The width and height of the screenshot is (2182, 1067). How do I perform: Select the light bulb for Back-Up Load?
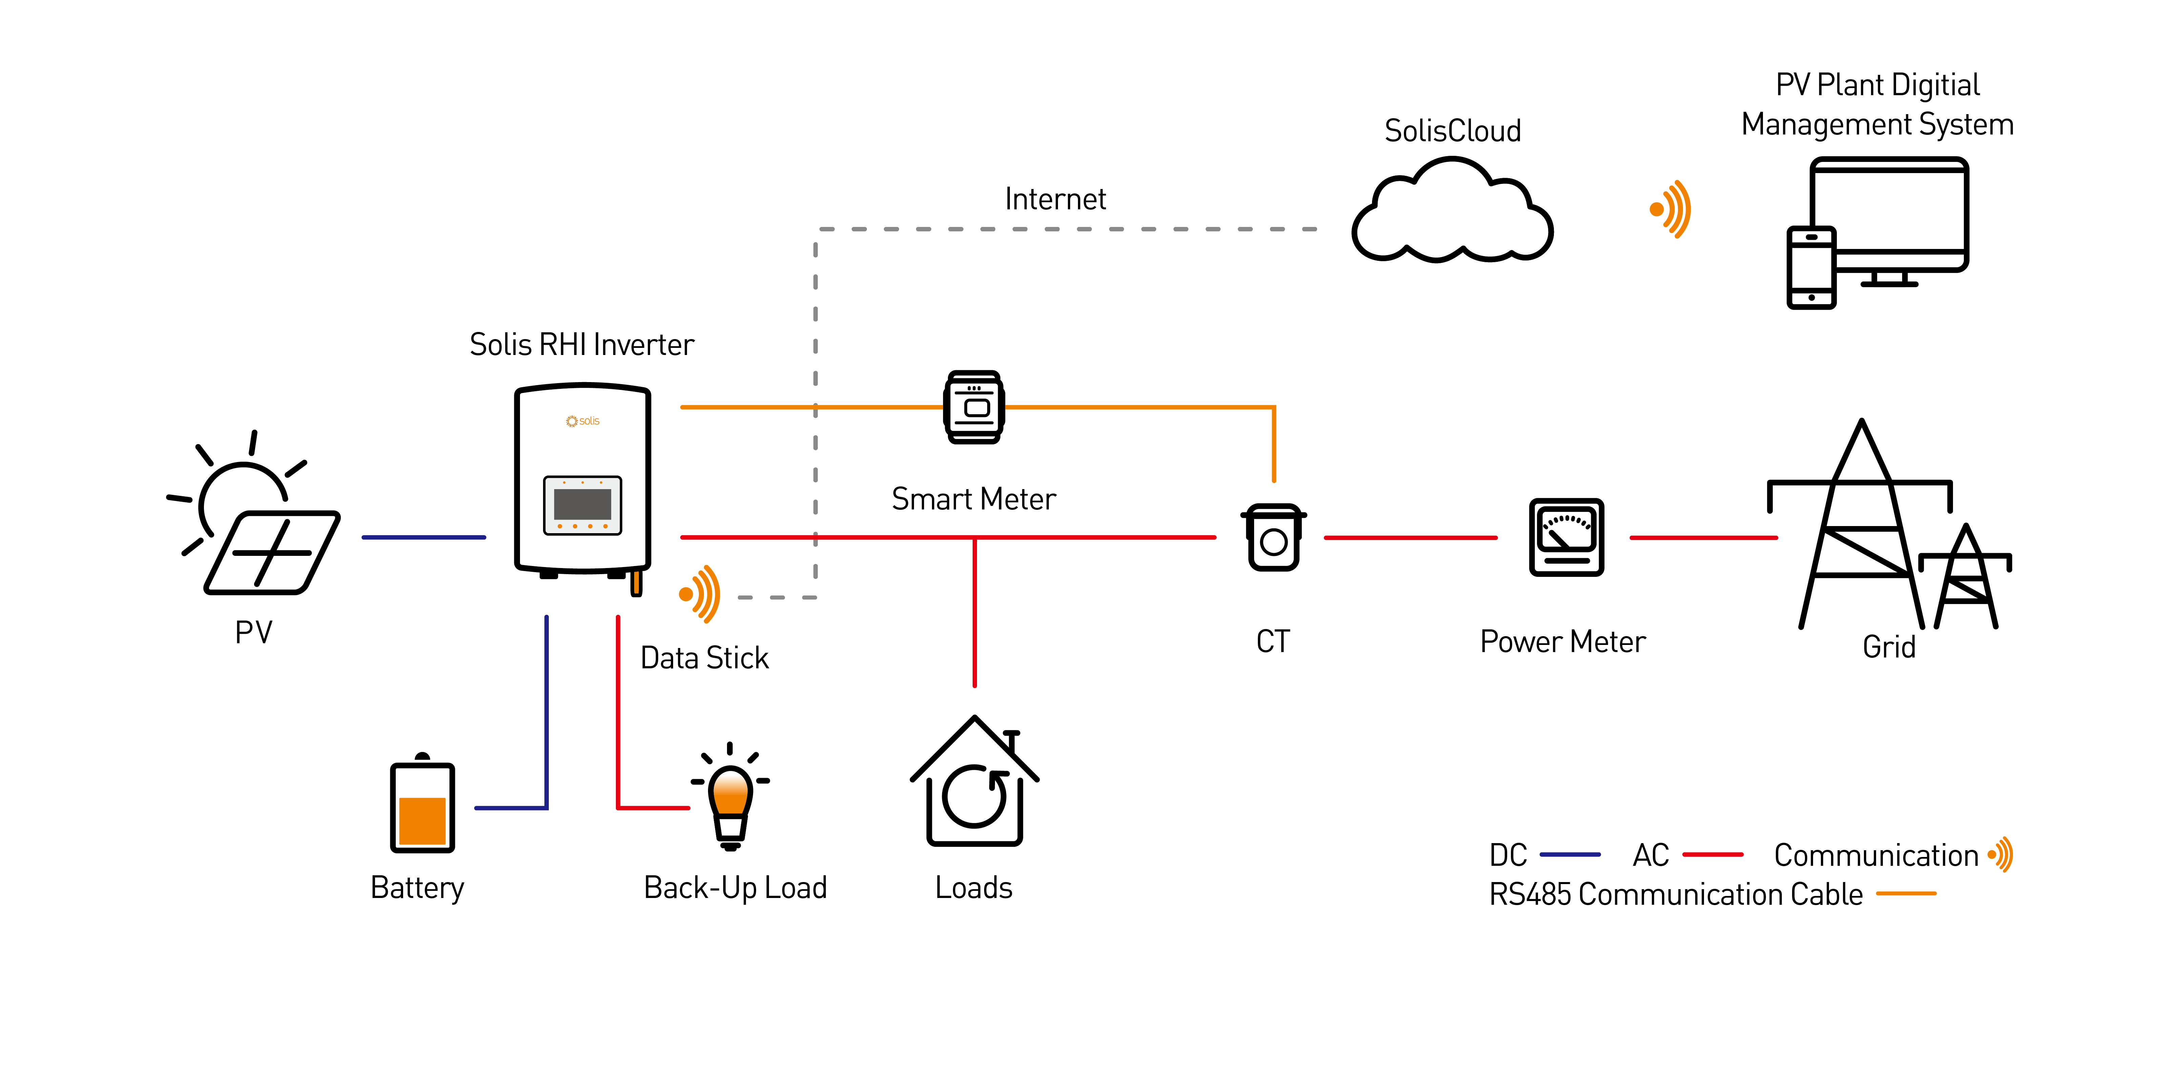click(730, 796)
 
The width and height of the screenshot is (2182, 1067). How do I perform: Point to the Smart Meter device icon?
click(974, 406)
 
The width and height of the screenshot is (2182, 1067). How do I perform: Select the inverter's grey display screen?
click(583, 505)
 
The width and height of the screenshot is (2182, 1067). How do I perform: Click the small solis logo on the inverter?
click(583, 421)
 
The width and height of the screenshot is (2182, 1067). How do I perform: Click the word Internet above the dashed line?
click(1055, 199)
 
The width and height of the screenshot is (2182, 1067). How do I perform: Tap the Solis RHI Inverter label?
click(582, 345)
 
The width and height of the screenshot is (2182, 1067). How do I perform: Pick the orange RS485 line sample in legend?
click(1907, 894)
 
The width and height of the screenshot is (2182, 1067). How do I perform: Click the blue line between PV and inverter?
click(423, 537)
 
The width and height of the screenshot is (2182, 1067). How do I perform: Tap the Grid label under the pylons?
click(1889, 647)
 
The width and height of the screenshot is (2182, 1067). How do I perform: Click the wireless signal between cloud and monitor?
click(1670, 209)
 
